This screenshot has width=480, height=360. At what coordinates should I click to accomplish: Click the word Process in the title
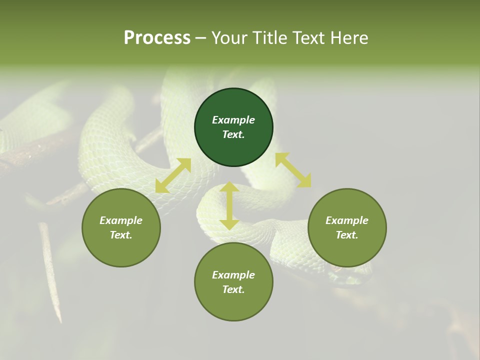pyautogui.click(x=157, y=38)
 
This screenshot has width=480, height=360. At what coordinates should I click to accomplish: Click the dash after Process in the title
pyautogui.click(x=200, y=38)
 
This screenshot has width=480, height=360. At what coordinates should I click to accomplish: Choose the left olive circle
pyautogui.click(x=121, y=250)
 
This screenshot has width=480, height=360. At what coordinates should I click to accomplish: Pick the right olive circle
pyautogui.click(x=347, y=250)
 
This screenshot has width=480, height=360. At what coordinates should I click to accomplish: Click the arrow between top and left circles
pyautogui.click(x=173, y=175)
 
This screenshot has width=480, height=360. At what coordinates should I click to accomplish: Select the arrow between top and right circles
pyautogui.click(x=293, y=170)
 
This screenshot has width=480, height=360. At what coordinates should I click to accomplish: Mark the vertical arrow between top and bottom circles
pyautogui.click(x=229, y=205)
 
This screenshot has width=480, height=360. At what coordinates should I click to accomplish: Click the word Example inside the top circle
pyautogui.click(x=233, y=120)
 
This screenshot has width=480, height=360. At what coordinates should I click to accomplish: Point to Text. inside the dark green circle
pyautogui.click(x=233, y=134)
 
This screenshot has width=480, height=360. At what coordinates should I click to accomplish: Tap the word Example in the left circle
pyautogui.click(x=121, y=220)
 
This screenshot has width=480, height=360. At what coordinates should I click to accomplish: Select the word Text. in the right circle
pyautogui.click(x=347, y=235)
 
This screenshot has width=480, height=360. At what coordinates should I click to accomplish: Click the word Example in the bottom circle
pyautogui.click(x=233, y=275)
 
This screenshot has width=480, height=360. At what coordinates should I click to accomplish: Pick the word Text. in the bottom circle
pyautogui.click(x=233, y=289)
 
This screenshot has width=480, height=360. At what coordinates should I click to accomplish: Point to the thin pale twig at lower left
pyautogui.click(x=50, y=270)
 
